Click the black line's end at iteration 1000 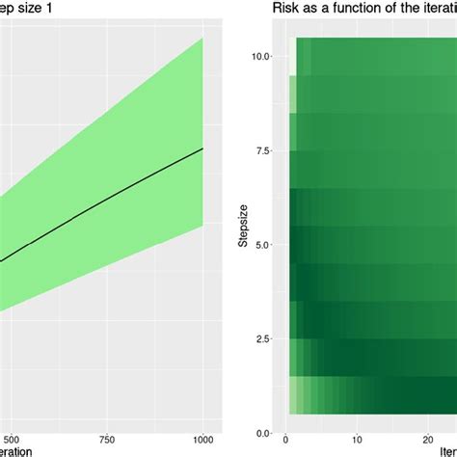click(202, 148)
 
